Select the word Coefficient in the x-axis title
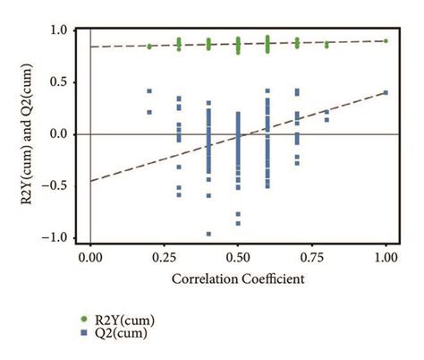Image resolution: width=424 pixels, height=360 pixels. pyautogui.click(x=272, y=279)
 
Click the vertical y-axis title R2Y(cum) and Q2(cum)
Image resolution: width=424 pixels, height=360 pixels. pyautogui.click(x=29, y=134)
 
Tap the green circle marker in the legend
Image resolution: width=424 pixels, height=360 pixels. pyautogui.click(x=84, y=319)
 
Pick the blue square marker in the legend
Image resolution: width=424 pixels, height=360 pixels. pyautogui.click(x=84, y=332)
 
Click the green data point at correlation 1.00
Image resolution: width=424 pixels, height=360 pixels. pyautogui.click(x=386, y=40)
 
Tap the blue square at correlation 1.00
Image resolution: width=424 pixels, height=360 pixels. pyautogui.click(x=386, y=92)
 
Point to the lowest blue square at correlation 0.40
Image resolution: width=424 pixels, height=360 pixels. pyautogui.click(x=208, y=234)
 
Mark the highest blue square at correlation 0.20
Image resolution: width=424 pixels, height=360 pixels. pyautogui.click(x=149, y=91)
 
